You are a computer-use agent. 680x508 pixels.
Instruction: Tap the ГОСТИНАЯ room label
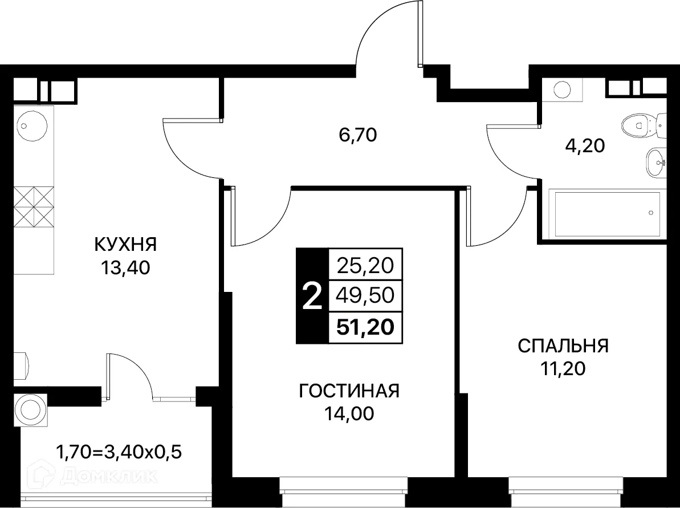coord(349,391)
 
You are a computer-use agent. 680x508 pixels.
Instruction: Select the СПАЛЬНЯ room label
coord(563,346)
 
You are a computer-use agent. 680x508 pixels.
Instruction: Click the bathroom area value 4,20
coord(583,146)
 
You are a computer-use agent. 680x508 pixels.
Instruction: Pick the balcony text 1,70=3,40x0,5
coord(119,453)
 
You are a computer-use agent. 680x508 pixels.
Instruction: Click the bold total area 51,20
coord(365,328)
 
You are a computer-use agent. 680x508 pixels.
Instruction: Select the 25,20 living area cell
coord(365,265)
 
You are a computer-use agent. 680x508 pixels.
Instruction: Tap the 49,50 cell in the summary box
coord(365,296)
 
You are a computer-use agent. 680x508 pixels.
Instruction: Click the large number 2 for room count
coord(311,296)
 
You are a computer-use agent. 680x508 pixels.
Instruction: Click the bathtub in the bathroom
coord(604,214)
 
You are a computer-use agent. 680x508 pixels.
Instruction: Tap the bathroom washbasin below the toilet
coord(655,162)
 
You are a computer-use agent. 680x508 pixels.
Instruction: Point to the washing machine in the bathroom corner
coord(562,90)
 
